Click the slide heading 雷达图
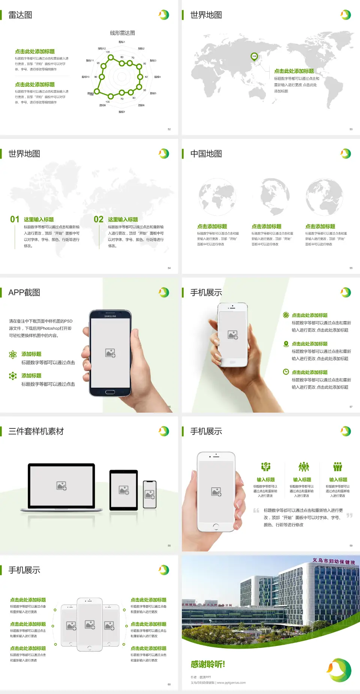click(x=20, y=15)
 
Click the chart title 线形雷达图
click(x=122, y=33)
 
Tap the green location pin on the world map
click(x=254, y=57)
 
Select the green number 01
click(x=15, y=219)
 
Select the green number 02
click(x=99, y=219)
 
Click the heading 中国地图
click(x=206, y=154)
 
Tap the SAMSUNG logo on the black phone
click(x=110, y=316)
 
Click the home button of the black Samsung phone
click(x=110, y=392)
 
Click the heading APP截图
click(x=24, y=293)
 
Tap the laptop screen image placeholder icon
click(x=61, y=486)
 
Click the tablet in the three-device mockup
click(x=124, y=490)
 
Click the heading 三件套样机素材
click(x=36, y=431)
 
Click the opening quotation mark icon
click(x=256, y=511)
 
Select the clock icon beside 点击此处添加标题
click(x=286, y=372)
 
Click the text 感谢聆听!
click(x=208, y=664)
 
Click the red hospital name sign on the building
click(x=334, y=561)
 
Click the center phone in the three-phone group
click(x=90, y=624)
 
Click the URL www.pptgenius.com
click(x=231, y=683)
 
